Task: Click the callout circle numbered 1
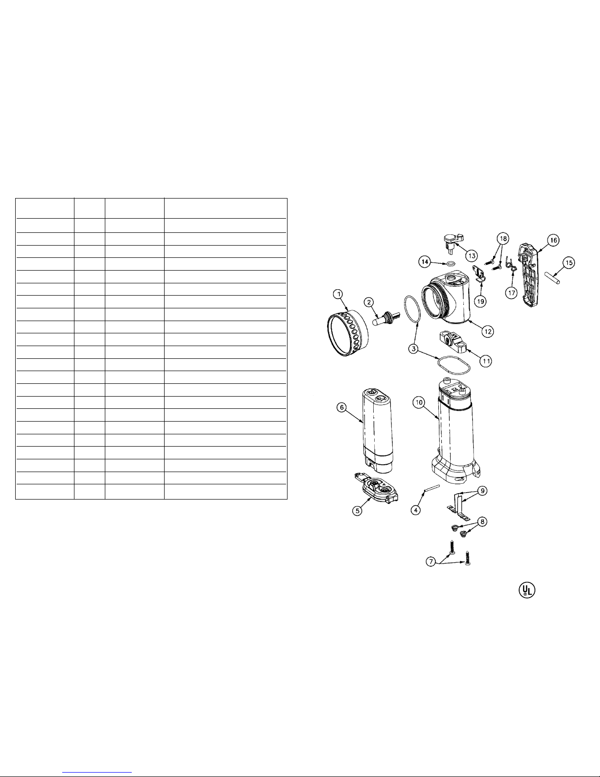coord(338,294)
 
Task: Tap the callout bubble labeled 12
coord(487,331)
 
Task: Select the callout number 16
coord(553,240)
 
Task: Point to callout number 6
coord(342,407)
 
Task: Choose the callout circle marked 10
coord(419,402)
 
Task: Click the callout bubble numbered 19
coord(480,301)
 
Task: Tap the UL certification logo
coord(527,590)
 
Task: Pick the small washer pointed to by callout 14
coord(451,264)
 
